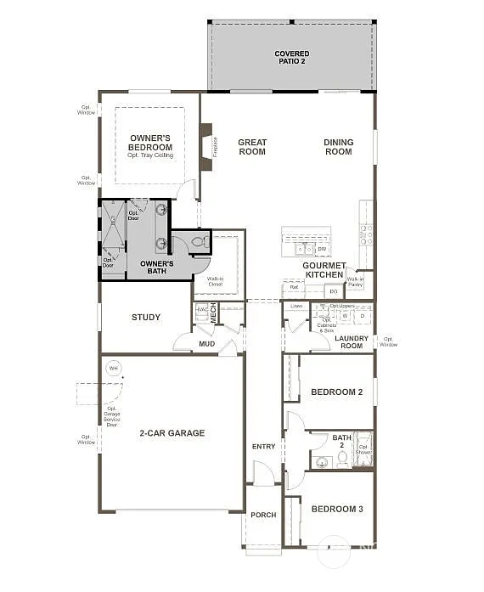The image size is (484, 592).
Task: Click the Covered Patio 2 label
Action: [x=291, y=58]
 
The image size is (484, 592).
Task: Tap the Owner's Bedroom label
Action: [x=150, y=143]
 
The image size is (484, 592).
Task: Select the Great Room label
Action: [x=252, y=147]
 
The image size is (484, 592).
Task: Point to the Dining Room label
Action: [x=338, y=147]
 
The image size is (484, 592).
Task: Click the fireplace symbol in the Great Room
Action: [x=206, y=146]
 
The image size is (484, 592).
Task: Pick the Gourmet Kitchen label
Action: [x=324, y=270]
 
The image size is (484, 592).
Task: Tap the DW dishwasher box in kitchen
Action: [x=322, y=249]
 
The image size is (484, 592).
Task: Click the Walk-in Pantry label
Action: [x=355, y=281]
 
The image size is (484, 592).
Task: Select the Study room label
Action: [x=146, y=318]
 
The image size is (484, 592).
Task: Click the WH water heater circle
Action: [x=113, y=369]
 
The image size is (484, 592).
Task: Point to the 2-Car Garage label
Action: [x=172, y=433]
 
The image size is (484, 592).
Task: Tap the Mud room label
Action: [x=206, y=344]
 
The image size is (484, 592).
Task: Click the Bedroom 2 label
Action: [x=337, y=392]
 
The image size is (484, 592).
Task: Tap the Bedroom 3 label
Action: [x=337, y=509]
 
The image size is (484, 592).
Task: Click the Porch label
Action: [x=263, y=515]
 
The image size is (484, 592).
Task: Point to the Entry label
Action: [x=263, y=447]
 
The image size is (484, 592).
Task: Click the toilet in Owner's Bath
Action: [x=199, y=242]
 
